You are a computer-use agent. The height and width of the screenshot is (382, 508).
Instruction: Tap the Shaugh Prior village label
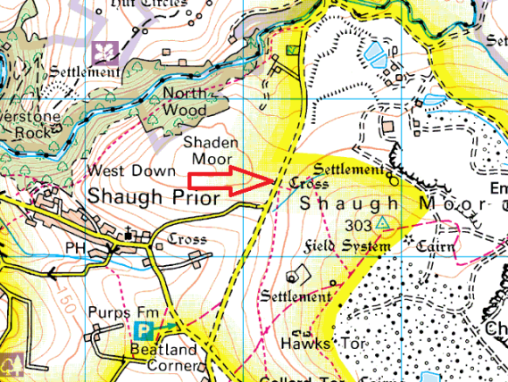pyautogui.click(x=152, y=197)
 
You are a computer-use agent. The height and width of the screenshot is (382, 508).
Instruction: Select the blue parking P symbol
pyautogui.click(x=143, y=331)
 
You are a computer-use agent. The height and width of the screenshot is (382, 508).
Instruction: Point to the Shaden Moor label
pyautogui.click(x=210, y=149)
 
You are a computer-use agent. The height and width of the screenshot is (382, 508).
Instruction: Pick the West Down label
pyautogui.click(x=120, y=170)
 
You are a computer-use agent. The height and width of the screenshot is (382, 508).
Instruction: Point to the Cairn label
pyautogui.click(x=437, y=245)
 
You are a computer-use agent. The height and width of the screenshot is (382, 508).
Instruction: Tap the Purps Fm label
pyautogui.click(x=117, y=311)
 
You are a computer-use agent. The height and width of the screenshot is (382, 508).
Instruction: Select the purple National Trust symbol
pyautogui.click(x=104, y=51)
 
